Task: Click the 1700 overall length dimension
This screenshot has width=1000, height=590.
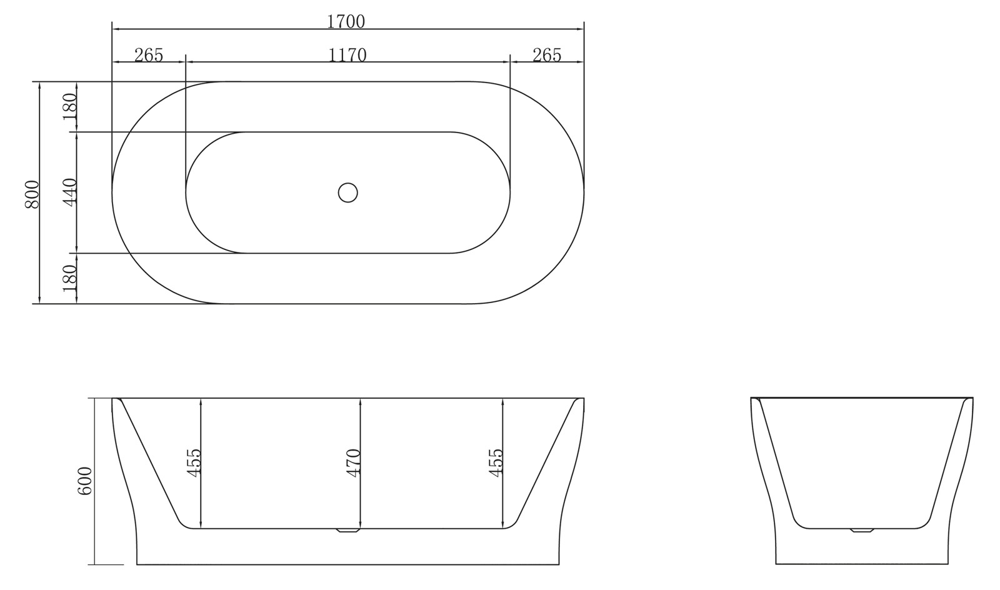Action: click(346, 21)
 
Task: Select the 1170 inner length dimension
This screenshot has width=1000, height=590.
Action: click(347, 55)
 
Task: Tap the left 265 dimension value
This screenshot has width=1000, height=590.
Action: click(149, 55)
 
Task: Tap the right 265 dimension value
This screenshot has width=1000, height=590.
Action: click(547, 55)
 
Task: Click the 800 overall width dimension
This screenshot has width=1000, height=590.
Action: click(32, 194)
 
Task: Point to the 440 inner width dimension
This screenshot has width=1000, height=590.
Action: click(69, 192)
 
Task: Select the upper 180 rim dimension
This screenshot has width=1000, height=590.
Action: click(69, 106)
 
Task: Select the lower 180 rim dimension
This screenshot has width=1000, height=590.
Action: click(69, 279)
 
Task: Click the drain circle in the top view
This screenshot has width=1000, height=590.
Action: click(347, 192)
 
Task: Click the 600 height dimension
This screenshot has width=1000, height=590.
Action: click(85, 481)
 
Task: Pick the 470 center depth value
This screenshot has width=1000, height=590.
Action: click(353, 463)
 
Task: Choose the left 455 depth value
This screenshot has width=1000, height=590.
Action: click(194, 463)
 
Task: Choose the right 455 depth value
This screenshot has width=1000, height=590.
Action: click(496, 463)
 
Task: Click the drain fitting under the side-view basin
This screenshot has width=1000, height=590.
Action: click(347, 531)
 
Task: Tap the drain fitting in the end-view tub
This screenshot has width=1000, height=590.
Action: click(862, 531)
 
